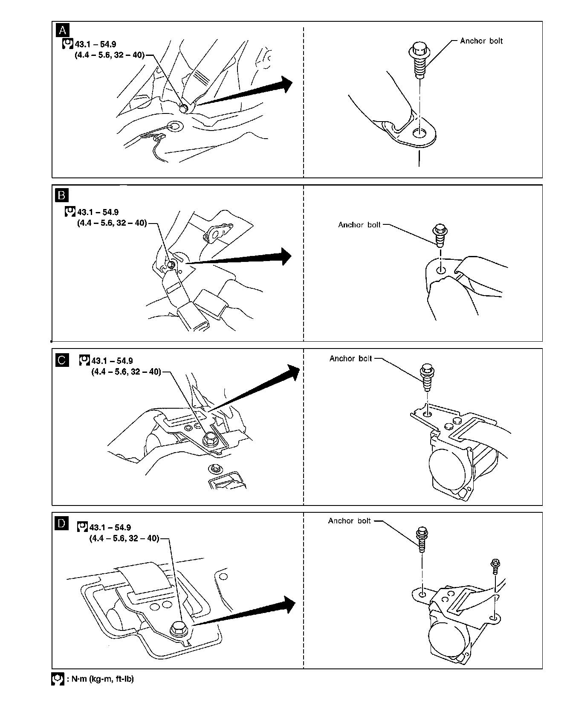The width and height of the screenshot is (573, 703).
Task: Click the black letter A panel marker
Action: (62, 30)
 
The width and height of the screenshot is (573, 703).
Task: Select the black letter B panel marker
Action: (62, 195)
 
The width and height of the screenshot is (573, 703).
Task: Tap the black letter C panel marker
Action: (62, 360)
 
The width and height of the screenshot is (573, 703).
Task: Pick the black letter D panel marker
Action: (62, 523)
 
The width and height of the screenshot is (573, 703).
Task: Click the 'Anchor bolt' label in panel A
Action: (481, 41)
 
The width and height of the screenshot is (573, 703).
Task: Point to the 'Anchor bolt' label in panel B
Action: (359, 225)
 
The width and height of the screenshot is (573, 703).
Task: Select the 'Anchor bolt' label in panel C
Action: (350, 359)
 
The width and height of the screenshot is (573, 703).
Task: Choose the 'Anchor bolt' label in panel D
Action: (349, 521)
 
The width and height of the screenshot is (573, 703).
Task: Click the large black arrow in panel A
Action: (247, 92)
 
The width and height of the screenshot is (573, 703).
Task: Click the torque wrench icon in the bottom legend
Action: (58, 680)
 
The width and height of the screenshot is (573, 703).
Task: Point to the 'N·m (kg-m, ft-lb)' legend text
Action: (101, 679)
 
